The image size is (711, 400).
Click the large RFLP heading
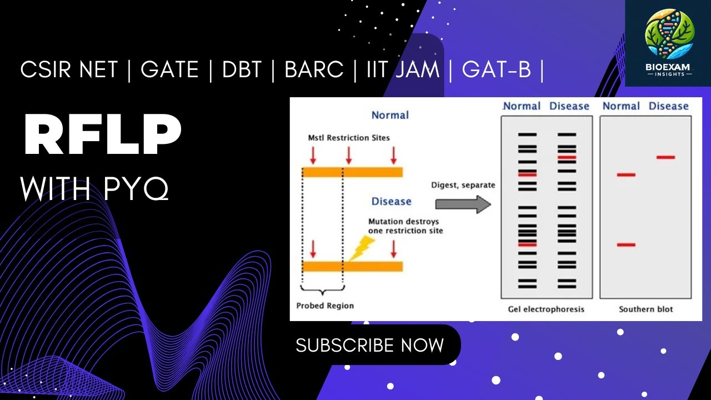click(103, 136)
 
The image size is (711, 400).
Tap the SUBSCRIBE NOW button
click(369, 345)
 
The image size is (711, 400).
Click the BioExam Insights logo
click(668, 43)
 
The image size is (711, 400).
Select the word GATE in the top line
click(169, 70)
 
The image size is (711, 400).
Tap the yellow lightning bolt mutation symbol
click(360, 248)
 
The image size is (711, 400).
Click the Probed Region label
click(325, 306)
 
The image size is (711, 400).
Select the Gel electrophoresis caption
click(547, 309)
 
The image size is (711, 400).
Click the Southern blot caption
click(645, 309)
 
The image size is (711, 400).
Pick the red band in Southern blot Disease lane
click(665, 158)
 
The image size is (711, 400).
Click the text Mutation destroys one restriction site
click(406, 226)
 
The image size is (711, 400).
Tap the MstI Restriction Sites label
click(349, 137)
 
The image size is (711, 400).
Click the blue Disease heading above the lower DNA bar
click(391, 201)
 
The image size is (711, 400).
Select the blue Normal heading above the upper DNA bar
click(390, 115)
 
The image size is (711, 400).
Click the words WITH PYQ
click(94, 189)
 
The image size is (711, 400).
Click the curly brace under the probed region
click(323, 290)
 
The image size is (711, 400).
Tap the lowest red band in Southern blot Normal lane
click(626, 244)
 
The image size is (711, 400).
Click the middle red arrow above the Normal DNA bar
click(348, 155)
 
